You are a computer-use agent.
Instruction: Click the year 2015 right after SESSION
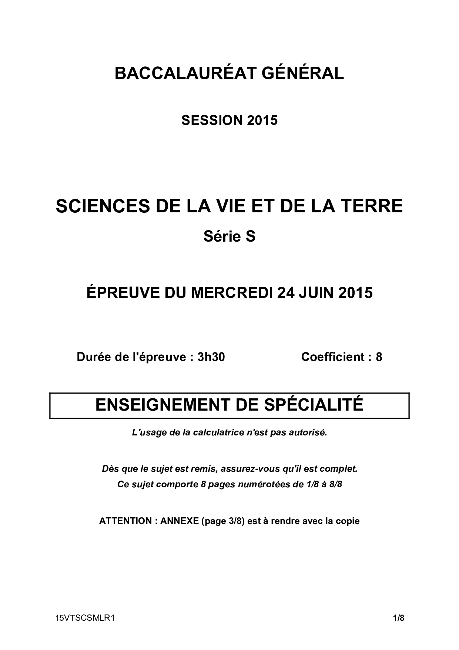[x=262, y=120]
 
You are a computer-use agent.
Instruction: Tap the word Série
[x=219, y=236]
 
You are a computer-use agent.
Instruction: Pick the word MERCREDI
[x=232, y=293]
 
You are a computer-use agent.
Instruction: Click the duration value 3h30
[x=211, y=357]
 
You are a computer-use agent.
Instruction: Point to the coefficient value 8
[x=379, y=357]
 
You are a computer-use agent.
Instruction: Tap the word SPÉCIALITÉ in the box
[x=314, y=405]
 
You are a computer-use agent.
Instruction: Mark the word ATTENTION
[x=125, y=521]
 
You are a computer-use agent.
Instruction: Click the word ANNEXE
[x=180, y=521]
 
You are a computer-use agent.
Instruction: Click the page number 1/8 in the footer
[x=399, y=618]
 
